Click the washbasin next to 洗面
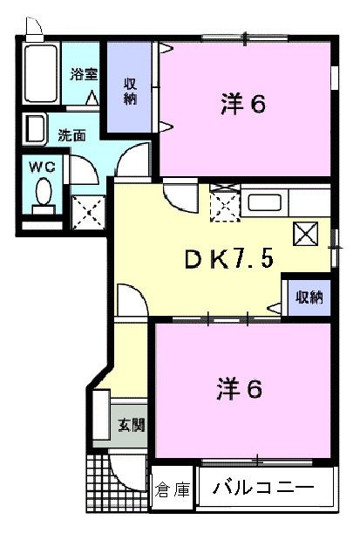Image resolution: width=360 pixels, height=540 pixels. [x=35, y=130]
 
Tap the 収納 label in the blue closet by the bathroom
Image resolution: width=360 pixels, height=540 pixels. [x=130, y=91]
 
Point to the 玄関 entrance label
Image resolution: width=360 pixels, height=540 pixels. [x=132, y=427]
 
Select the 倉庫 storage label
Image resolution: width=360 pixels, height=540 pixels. [x=173, y=491]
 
